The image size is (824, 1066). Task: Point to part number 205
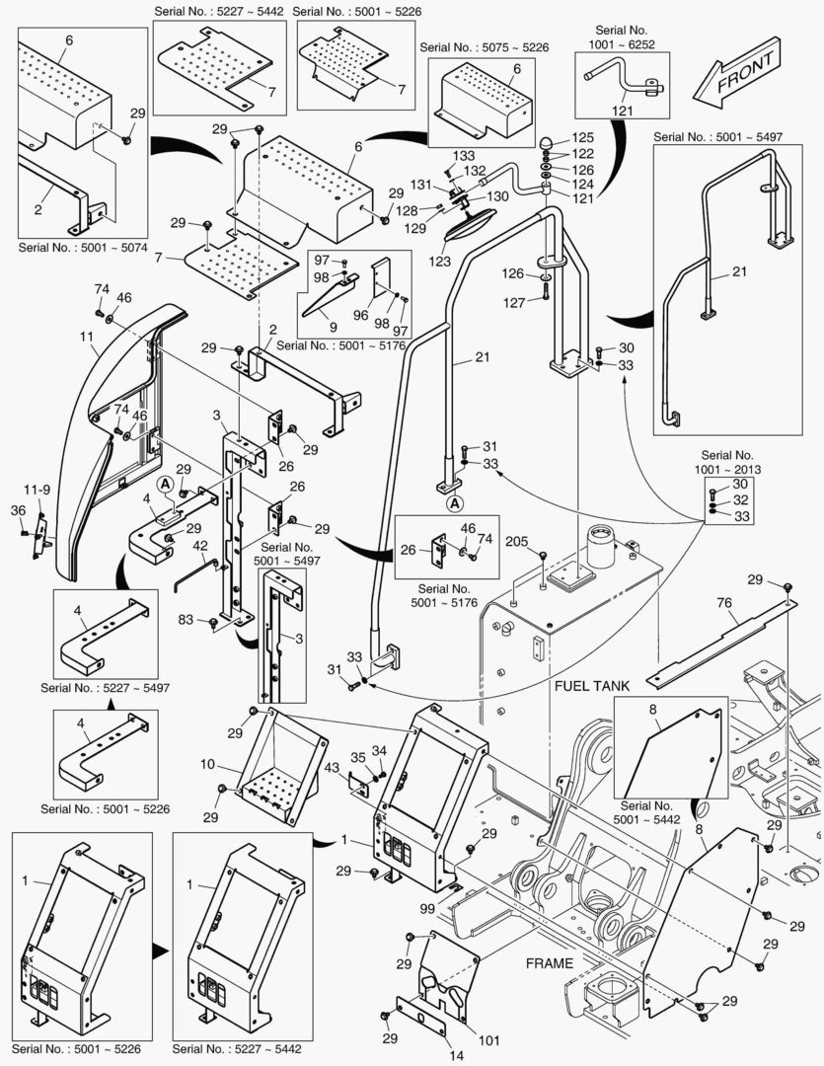click(516, 541)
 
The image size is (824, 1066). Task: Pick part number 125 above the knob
click(584, 137)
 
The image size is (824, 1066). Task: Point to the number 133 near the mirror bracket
click(464, 156)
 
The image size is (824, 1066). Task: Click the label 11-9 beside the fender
click(37, 488)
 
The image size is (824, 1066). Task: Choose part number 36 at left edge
click(18, 509)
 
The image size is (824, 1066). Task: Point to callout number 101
click(489, 1039)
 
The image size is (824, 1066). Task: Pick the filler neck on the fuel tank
click(599, 548)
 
